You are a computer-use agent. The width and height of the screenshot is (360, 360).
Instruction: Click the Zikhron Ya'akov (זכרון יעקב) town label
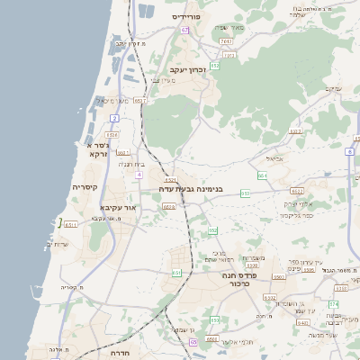point(188,68)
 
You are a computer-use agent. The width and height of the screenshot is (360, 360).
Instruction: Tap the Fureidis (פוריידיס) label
point(191,16)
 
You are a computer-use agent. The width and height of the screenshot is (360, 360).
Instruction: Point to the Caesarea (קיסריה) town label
point(85,187)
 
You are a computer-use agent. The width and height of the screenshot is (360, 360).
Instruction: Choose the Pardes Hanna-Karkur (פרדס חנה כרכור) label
point(246,279)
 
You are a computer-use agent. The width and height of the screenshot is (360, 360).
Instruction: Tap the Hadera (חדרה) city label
point(121,355)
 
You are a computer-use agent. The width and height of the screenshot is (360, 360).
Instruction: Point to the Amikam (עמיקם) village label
point(331,87)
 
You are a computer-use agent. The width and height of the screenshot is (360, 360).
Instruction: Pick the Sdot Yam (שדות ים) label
point(56,244)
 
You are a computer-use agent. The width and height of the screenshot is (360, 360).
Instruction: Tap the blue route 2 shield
point(114,118)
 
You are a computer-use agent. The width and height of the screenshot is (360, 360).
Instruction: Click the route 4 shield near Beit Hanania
point(139,175)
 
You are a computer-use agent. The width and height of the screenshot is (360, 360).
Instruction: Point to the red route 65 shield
point(193,341)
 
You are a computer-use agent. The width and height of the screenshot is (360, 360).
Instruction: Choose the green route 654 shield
point(262,175)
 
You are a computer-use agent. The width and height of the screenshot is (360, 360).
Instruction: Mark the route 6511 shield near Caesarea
point(71,223)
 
